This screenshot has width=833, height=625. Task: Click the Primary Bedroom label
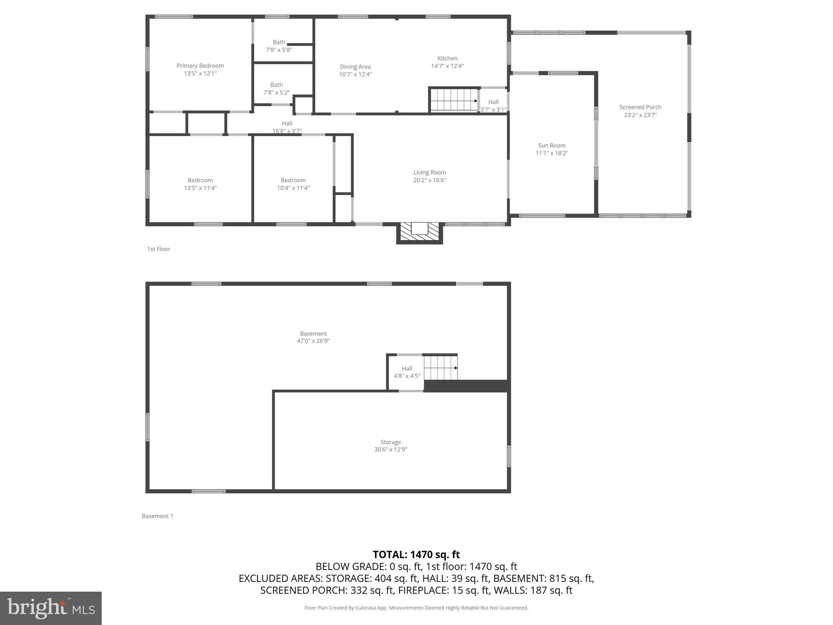[200, 66]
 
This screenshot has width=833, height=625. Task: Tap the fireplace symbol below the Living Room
[419, 232]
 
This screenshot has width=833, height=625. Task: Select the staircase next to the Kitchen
[454, 100]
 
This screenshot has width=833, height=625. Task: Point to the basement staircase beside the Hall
[440, 367]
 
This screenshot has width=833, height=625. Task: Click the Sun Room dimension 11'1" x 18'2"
[552, 153]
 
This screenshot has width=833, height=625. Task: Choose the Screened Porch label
[640, 107]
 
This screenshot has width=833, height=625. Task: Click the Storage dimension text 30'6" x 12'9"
[390, 450]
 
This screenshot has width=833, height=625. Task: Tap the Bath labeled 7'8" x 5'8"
[279, 46]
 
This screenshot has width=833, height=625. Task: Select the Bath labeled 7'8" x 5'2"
[277, 89]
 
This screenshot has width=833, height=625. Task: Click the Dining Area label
[355, 67]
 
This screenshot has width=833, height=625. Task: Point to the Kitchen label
[447, 59]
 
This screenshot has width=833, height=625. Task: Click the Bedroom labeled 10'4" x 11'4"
[293, 184]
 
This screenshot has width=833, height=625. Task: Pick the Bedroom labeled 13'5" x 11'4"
[200, 184]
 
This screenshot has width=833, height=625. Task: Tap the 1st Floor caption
[159, 249]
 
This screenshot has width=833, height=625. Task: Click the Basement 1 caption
[157, 516]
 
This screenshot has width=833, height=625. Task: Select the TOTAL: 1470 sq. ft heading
[416, 555]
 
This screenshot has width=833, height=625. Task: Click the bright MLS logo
[51, 608]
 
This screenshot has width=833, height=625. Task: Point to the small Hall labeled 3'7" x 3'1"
[493, 106]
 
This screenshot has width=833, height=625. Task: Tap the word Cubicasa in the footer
[365, 608]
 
